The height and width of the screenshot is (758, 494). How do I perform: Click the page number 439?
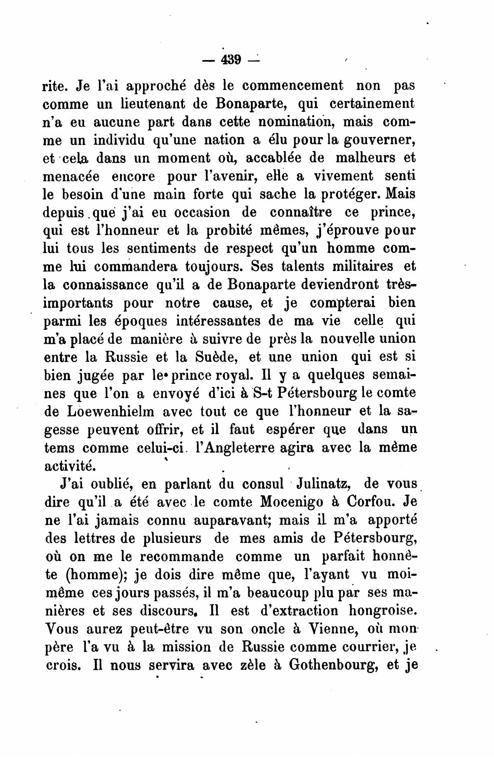[231, 59]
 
